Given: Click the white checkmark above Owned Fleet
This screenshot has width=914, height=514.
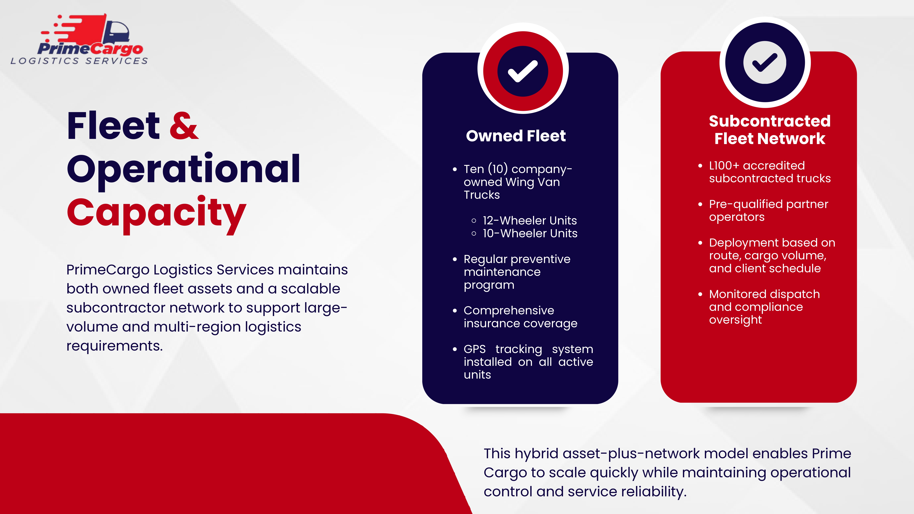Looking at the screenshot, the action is point(523,71).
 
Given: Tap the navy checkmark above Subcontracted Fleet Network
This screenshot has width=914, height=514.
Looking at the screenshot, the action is point(765,62).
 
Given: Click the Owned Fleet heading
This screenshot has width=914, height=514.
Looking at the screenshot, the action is point(516,136).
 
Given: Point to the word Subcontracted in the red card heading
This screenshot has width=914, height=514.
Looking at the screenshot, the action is point(770,121).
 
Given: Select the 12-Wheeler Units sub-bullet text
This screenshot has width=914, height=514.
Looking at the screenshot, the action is point(530,221).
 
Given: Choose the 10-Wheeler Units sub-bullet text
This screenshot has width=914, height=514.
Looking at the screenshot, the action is point(530,233).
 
